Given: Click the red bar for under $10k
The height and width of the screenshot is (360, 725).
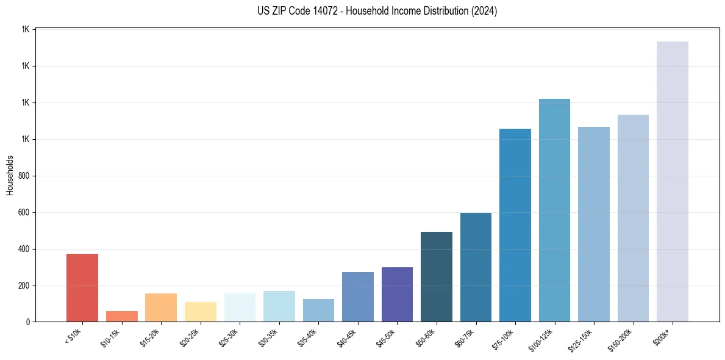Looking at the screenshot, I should click(x=82, y=287).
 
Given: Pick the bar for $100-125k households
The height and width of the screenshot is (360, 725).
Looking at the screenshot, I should click(x=554, y=210).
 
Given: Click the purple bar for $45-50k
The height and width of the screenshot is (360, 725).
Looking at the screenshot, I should click(x=397, y=294).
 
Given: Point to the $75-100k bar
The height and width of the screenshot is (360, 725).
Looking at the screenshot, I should click(x=515, y=225).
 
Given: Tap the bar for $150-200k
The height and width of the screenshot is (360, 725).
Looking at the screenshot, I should click(x=633, y=218).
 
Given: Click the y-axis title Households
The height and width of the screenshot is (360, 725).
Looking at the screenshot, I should click(x=10, y=175).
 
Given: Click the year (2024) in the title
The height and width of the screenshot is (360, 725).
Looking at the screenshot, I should click(x=484, y=11).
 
